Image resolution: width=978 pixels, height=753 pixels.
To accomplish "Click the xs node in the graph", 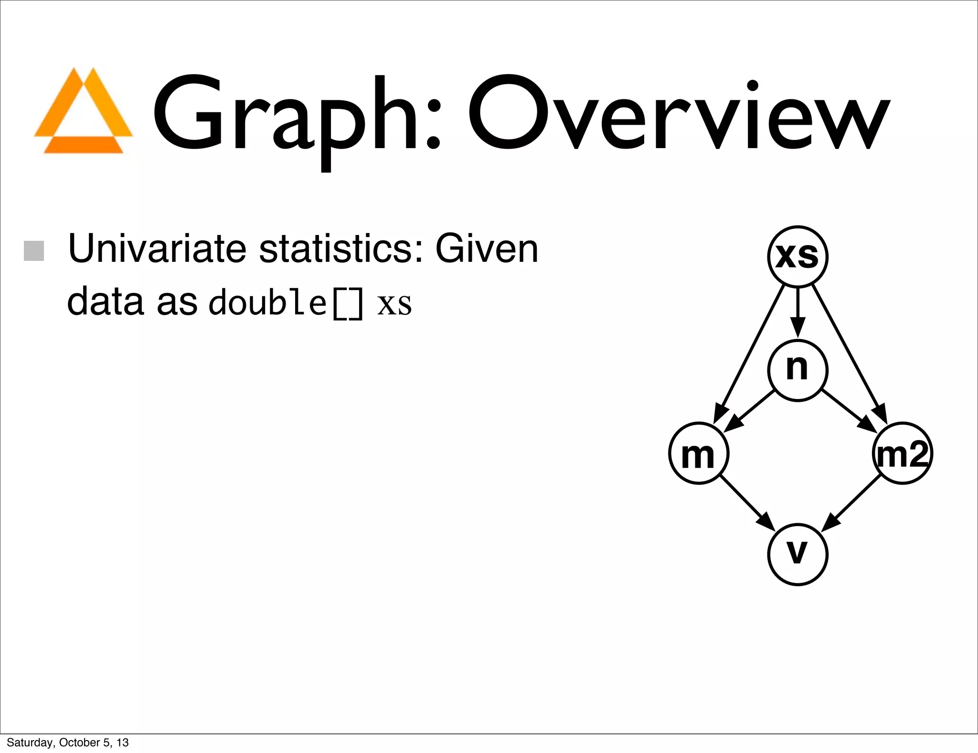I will click(x=797, y=257).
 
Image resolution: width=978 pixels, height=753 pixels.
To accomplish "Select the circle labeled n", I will click(x=797, y=370).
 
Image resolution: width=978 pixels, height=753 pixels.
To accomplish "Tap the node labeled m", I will click(x=699, y=453).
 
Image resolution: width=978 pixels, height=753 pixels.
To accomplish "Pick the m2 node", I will click(x=902, y=453).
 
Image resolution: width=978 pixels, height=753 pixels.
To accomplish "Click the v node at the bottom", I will click(x=797, y=554).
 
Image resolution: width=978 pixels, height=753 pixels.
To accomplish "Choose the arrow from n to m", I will click(x=750, y=410).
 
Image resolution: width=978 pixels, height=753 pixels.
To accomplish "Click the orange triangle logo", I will click(x=84, y=112).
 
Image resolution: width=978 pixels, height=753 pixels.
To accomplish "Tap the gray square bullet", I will click(x=34, y=251).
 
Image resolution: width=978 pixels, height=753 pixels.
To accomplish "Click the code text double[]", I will click(x=286, y=302).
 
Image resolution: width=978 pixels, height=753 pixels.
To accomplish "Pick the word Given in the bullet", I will click(x=487, y=249).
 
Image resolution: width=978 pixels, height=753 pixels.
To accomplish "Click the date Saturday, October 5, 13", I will click(x=68, y=742).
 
